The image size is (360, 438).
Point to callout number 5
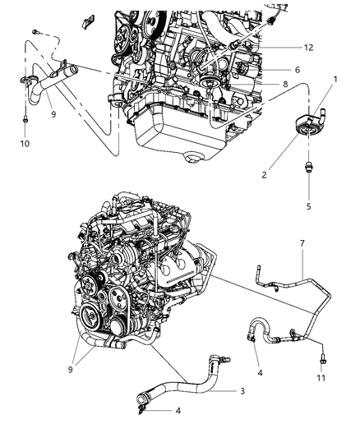pos(309,205)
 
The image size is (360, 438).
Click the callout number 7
pos(302,244)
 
